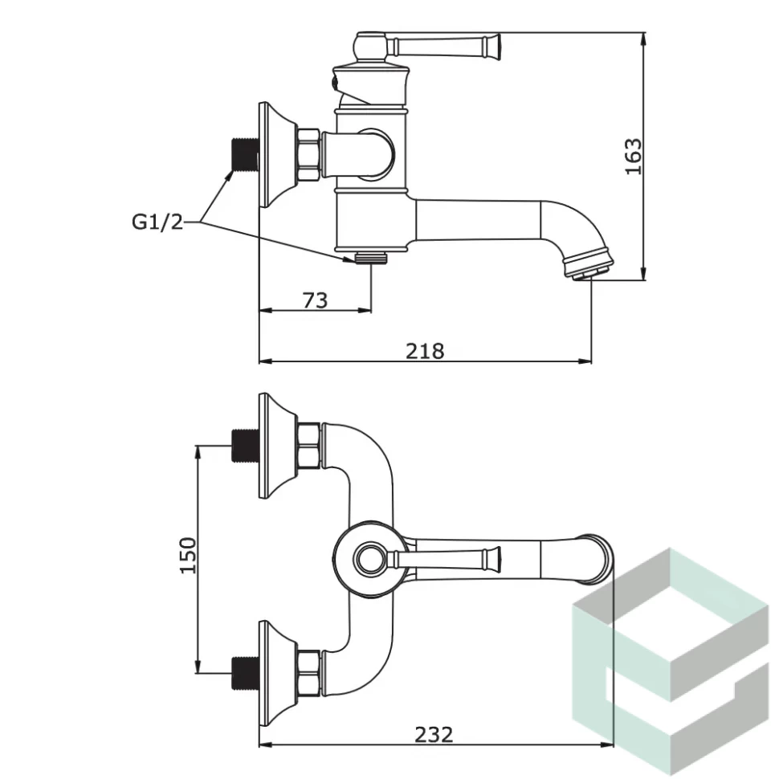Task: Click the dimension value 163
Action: (634, 157)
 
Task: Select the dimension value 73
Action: (315, 300)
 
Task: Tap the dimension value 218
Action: (425, 351)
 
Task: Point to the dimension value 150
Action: (186, 555)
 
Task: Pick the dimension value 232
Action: (434, 734)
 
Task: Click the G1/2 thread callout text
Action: (157, 222)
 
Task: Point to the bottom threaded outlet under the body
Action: (371, 257)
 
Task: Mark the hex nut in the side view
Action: (308, 154)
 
